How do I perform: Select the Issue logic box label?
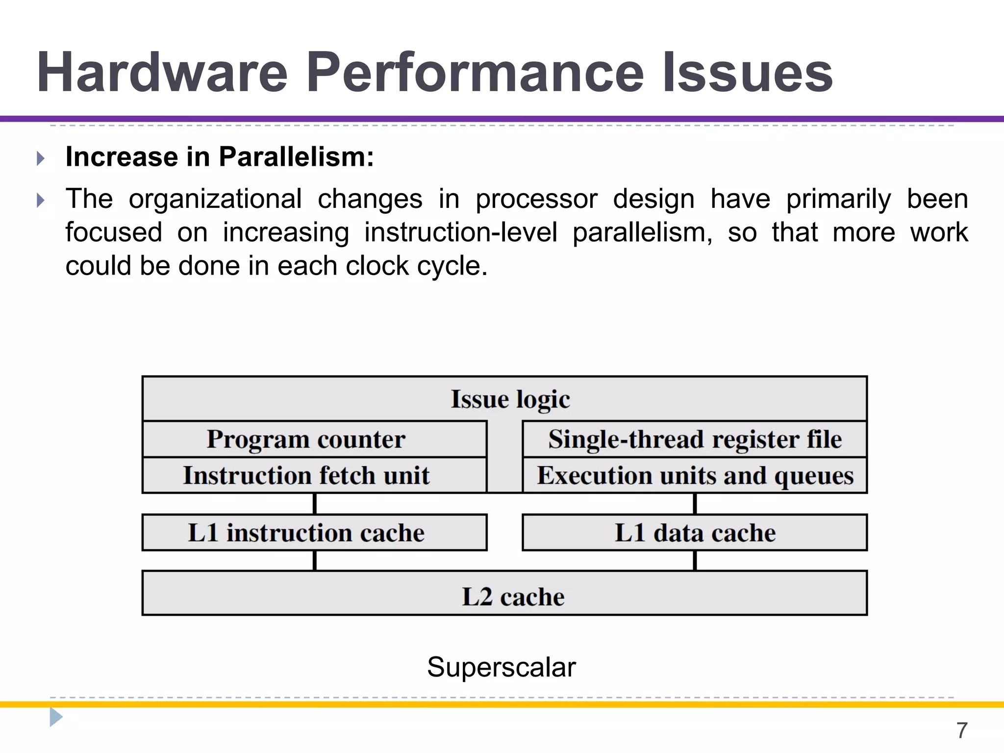(510, 399)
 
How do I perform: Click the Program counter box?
(306, 439)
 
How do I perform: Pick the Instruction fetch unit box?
(306, 476)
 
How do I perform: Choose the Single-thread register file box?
(695, 439)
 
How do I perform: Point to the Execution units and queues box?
(695, 476)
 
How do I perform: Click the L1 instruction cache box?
(306, 533)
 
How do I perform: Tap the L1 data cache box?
(695, 533)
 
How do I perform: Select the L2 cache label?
(513, 597)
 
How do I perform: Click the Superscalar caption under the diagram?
(501, 667)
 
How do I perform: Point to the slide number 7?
(961, 730)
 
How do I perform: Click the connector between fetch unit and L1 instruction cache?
(315, 503)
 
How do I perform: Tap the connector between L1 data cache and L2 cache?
(695, 560)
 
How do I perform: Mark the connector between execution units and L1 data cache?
(695, 503)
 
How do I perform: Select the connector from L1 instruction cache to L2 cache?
(315, 560)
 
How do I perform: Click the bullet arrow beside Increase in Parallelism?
(41, 158)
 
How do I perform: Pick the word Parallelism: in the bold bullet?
(296, 157)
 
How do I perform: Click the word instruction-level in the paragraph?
(460, 232)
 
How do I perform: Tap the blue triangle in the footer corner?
(55, 717)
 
